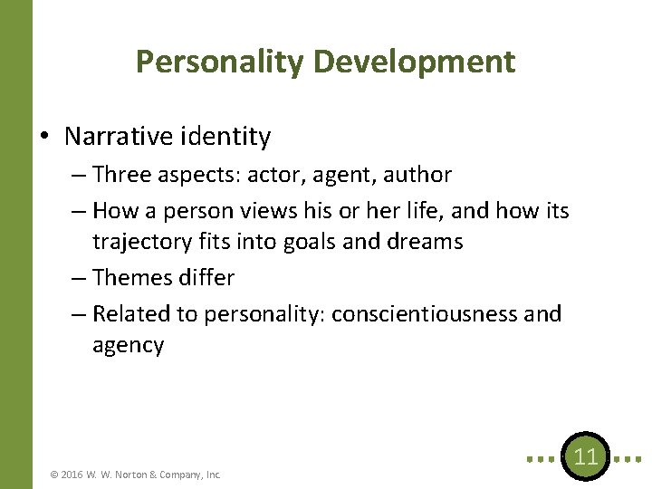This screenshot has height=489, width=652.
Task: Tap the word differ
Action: (207, 278)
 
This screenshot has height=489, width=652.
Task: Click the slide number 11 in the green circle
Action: (586, 456)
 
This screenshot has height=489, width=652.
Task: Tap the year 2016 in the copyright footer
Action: (73, 474)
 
